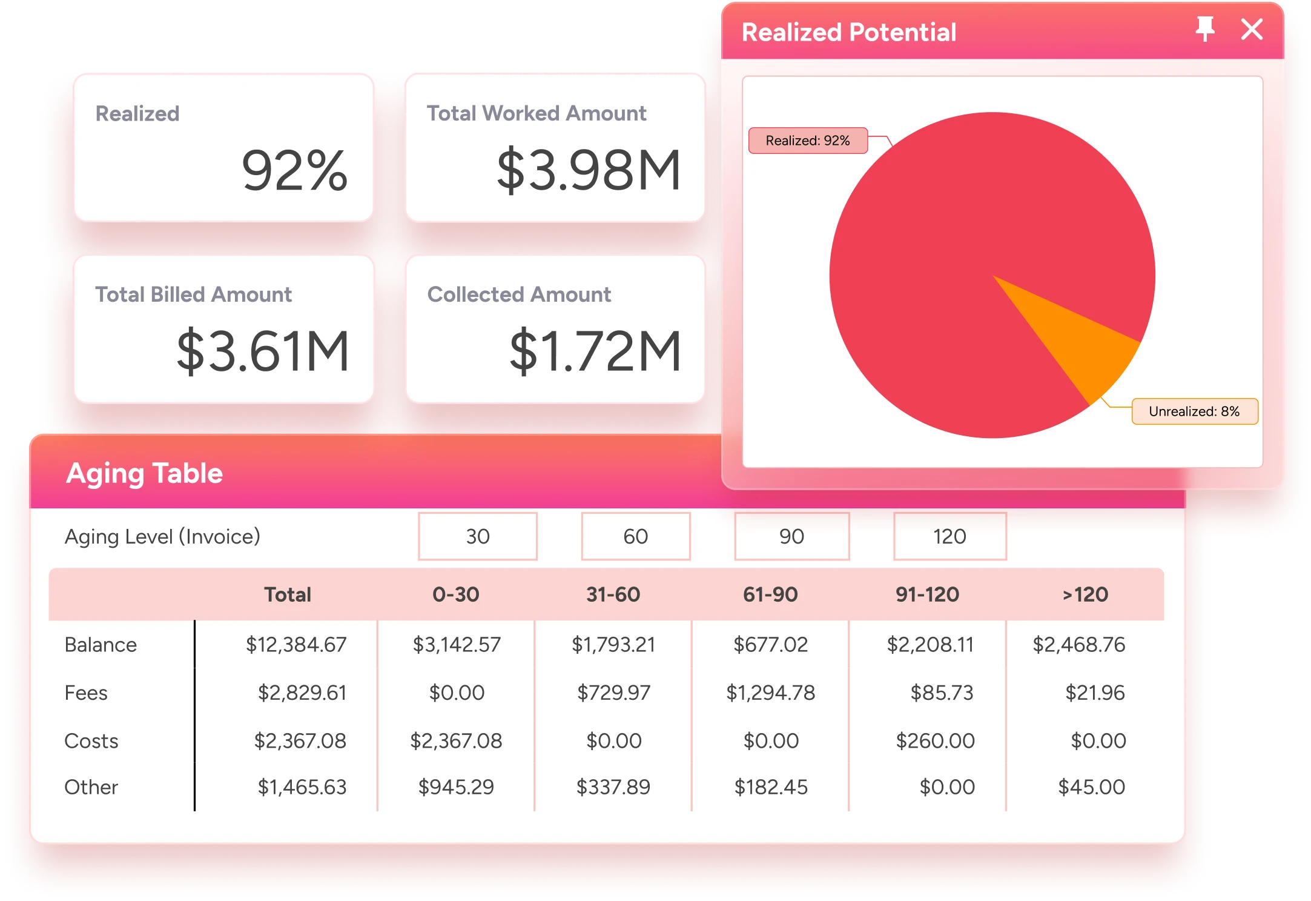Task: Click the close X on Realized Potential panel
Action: coord(1252,29)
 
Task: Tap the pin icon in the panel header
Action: coord(1205,29)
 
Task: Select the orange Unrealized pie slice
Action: coord(1084,339)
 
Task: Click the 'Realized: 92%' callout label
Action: coord(808,141)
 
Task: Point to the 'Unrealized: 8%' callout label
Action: coord(1194,411)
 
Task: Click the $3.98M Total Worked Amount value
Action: coord(589,170)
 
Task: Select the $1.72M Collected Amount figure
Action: coord(595,351)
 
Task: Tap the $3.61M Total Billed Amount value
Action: coord(263,351)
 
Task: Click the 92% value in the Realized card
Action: coord(294,170)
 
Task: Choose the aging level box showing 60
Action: coord(635,536)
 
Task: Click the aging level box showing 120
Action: coord(949,536)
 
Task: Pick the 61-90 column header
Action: coord(770,594)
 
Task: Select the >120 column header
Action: coord(1085,594)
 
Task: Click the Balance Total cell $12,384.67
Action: coord(296,645)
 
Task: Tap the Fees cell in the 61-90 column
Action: coord(771,693)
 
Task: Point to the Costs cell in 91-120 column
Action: coord(935,740)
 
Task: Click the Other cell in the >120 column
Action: coord(1091,787)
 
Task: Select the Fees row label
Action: coord(86,693)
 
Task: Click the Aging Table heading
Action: coord(145,473)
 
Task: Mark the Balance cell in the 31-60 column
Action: coord(613,645)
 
